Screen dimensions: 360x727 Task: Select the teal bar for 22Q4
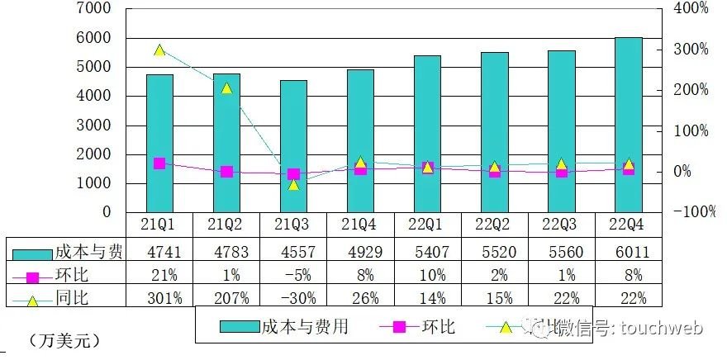(x=628, y=124)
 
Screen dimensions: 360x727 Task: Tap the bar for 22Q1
(x=427, y=134)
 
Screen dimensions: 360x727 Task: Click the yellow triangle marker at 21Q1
(x=159, y=50)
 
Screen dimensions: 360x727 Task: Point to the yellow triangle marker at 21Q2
(x=226, y=88)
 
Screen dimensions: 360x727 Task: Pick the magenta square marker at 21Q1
(x=159, y=163)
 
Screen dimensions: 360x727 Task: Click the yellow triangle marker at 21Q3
(x=293, y=184)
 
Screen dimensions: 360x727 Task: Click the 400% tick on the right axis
(x=691, y=8)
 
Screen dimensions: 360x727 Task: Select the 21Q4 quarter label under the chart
(x=360, y=225)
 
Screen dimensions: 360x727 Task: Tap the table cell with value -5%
(x=293, y=273)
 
